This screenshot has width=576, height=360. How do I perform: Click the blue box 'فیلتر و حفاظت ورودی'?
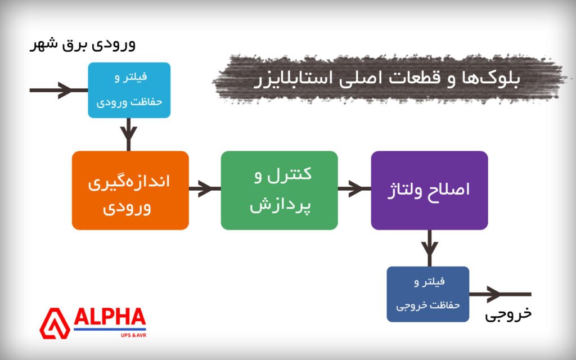click(x=129, y=90)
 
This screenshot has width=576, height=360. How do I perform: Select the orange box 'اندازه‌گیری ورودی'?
click(x=130, y=190)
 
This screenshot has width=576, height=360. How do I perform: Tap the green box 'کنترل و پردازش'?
click(x=279, y=190)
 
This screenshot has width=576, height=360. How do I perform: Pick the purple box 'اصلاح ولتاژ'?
click(x=429, y=190)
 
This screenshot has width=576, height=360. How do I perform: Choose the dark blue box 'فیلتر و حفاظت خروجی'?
click(x=427, y=294)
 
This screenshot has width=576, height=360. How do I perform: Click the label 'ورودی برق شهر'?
click(x=83, y=44)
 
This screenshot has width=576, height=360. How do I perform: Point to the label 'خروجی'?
click(x=508, y=314)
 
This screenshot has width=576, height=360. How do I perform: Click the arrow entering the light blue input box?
click(x=59, y=90)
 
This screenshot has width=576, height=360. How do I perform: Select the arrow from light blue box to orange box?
click(x=129, y=134)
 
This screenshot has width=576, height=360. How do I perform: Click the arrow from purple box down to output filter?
click(x=430, y=247)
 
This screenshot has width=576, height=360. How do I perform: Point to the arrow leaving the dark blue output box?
click(x=499, y=294)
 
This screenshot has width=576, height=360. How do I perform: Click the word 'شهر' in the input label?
click(x=45, y=44)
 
